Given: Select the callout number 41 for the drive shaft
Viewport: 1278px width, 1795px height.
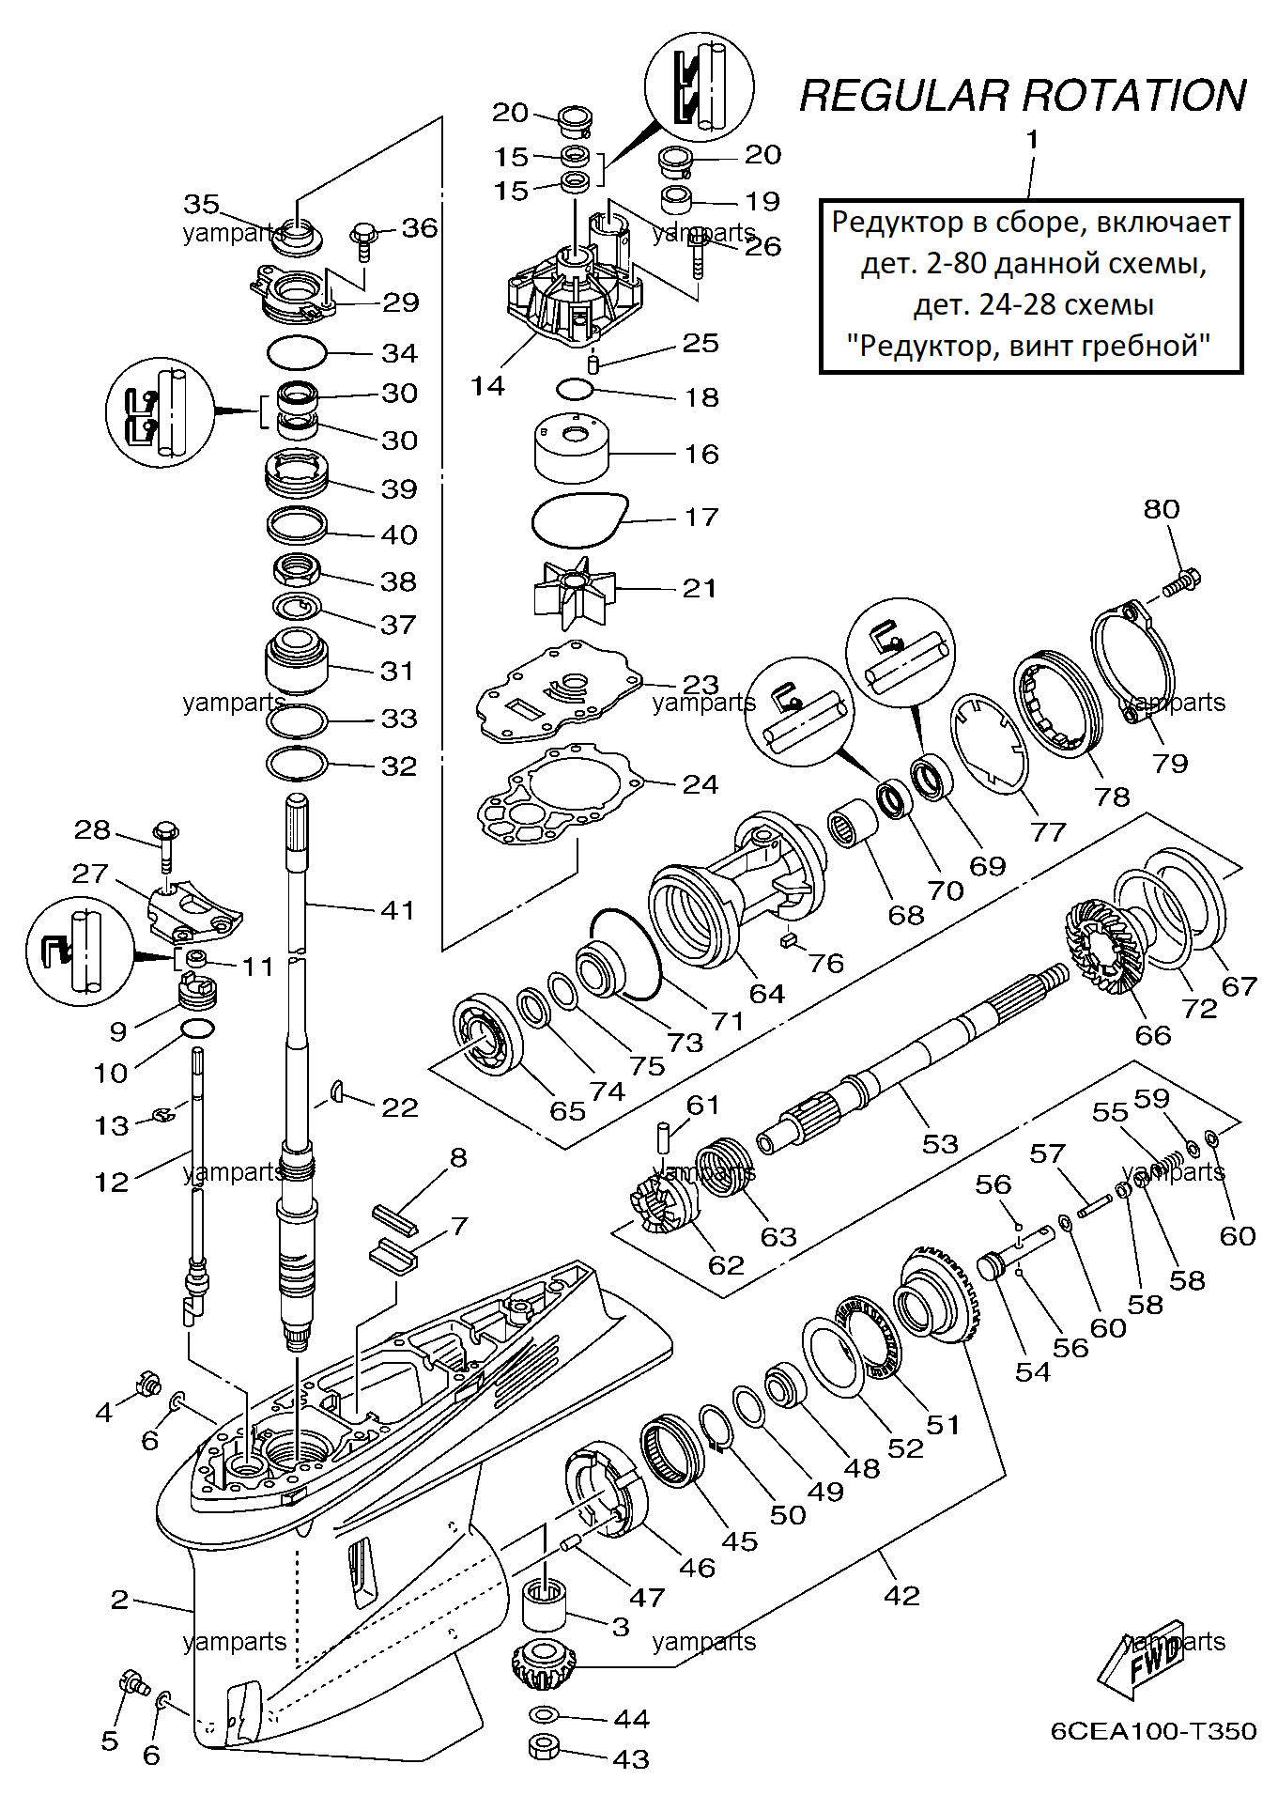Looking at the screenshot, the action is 397,909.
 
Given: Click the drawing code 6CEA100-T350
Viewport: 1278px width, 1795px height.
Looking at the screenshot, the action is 1153,1731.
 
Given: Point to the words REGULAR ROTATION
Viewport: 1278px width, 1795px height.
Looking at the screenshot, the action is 1023,96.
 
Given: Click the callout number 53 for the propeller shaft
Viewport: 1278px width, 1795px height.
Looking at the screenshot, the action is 939,1143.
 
